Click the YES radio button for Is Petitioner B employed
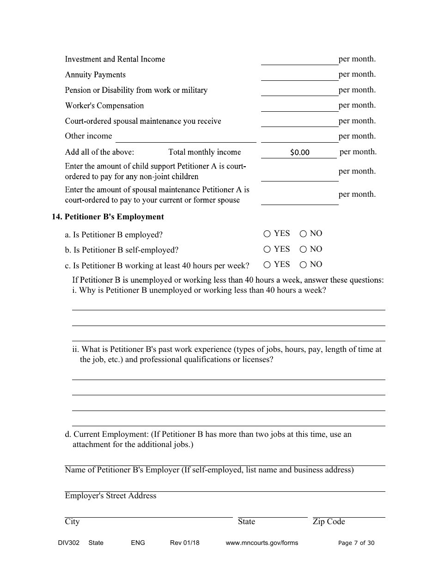(267, 234)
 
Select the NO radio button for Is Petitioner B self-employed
(303, 250)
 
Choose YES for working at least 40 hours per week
(267, 265)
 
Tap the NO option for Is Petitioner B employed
(303, 234)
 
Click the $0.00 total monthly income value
(299, 152)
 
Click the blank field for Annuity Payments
(299, 75)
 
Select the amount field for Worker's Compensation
(299, 106)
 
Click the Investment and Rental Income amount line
(299, 60)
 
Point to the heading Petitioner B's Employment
(114, 217)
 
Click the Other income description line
(185, 137)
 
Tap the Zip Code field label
(329, 522)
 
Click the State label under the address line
(246, 522)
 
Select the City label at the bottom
(72, 522)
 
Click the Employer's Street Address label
(110, 496)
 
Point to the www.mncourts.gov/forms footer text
(262, 543)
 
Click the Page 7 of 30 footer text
(356, 543)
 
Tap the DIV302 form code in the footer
(62, 543)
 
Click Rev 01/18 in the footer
(184, 543)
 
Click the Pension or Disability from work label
(136, 91)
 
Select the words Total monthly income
(204, 152)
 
